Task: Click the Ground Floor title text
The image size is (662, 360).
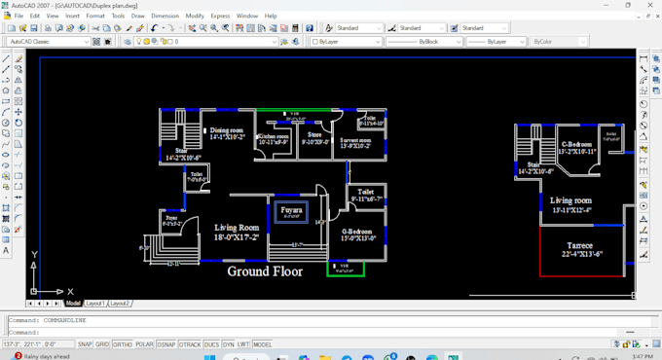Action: (x=265, y=271)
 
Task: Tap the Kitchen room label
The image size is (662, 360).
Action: (x=274, y=139)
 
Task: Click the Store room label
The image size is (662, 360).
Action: (x=314, y=138)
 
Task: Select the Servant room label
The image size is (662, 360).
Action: (x=355, y=143)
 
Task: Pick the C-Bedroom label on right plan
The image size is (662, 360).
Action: (x=578, y=148)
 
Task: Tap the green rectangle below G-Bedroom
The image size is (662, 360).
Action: (x=345, y=267)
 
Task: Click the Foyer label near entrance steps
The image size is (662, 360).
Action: (x=172, y=221)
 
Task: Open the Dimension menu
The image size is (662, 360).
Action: (x=165, y=16)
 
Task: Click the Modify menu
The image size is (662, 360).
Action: (x=195, y=16)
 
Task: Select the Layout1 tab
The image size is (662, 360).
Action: (x=95, y=304)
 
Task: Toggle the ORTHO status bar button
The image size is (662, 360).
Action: (x=124, y=344)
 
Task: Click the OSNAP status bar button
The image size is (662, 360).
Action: (x=167, y=344)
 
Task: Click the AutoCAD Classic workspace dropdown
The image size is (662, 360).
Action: (x=49, y=42)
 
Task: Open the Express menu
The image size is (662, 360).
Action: (x=221, y=16)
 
